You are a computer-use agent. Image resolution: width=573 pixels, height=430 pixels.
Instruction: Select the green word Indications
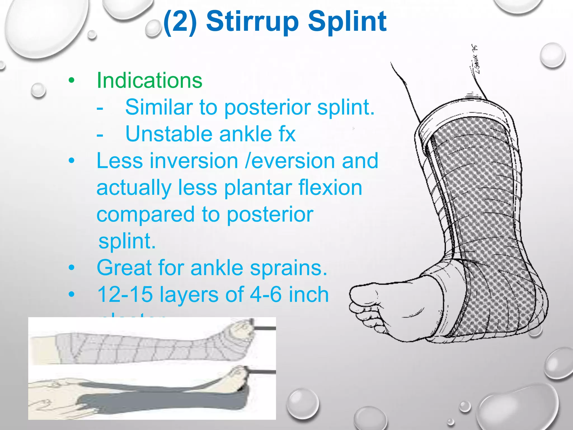[149, 81]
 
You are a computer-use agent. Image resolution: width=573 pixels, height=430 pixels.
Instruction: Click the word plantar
[258, 188]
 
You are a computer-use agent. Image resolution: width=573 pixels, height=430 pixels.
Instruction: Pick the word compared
[145, 215]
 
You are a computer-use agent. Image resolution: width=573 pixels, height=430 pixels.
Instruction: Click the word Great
[124, 268]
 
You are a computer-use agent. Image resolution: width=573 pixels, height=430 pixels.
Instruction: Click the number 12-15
[125, 295]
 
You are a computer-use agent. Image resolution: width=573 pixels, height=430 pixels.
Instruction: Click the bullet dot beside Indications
[72, 81]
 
